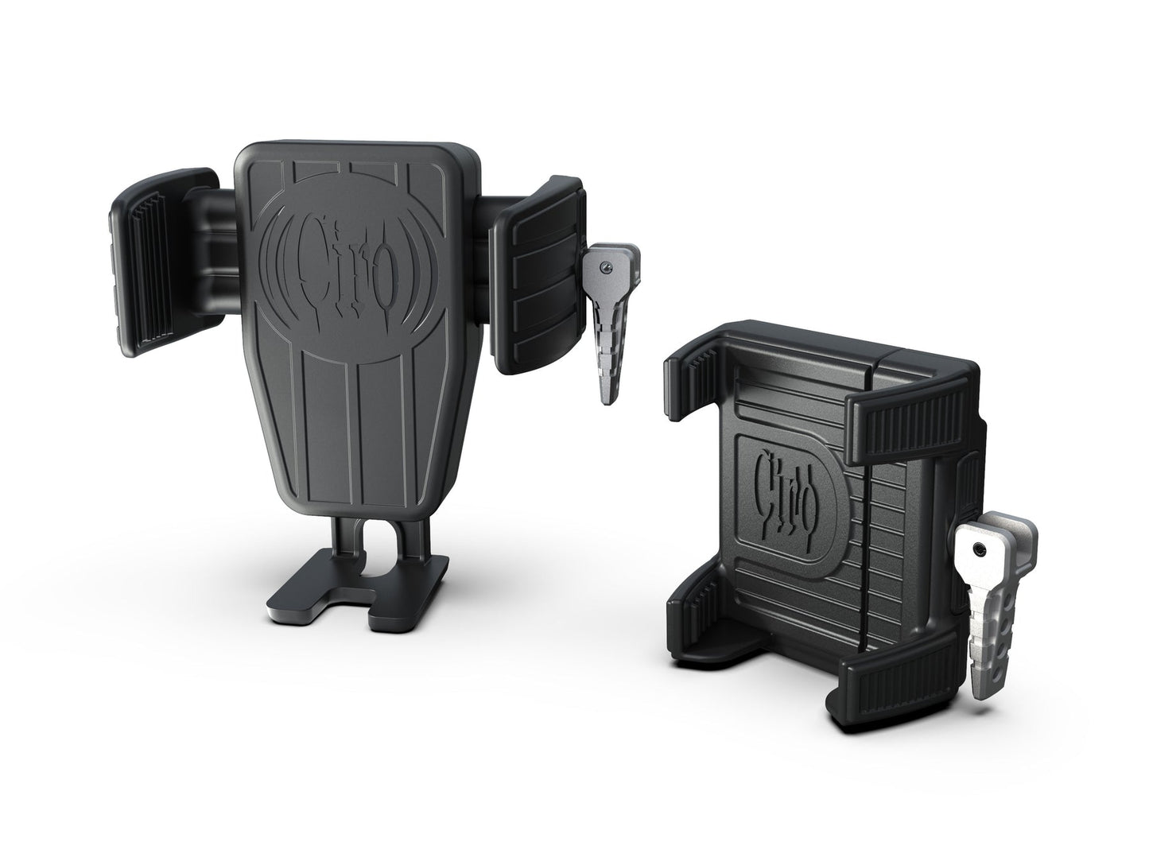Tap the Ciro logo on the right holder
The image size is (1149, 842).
pos(786,484)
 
